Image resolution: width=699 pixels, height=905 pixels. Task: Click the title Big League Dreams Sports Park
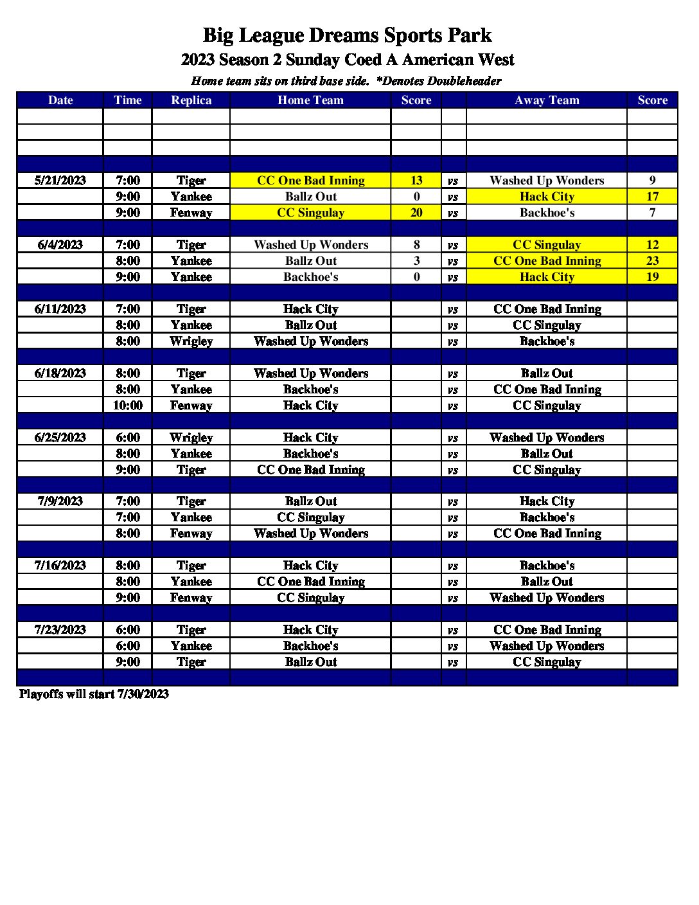[347, 35]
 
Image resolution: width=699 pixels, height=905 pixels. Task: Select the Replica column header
[191, 100]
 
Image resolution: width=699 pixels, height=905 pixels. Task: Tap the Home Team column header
[310, 100]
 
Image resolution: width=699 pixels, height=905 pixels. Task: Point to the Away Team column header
[547, 100]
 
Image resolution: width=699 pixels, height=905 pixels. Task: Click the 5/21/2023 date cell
[60, 181]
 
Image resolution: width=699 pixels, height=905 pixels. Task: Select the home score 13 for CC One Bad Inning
[416, 181]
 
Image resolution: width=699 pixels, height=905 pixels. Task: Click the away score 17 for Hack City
[652, 197]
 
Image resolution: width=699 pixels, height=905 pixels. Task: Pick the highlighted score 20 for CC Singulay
[416, 213]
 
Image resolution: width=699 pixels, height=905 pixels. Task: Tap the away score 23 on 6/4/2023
[652, 261]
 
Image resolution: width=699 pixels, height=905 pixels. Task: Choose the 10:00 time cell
[128, 406]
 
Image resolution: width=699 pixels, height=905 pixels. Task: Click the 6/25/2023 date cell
[60, 438]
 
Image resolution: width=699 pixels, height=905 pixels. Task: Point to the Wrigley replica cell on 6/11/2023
[191, 341]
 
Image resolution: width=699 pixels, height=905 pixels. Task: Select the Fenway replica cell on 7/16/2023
[191, 598]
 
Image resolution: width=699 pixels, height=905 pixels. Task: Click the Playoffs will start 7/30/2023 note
[94, 694]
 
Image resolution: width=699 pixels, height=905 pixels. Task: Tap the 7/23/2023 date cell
[60, 630]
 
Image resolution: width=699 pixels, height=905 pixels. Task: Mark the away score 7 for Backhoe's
[652, 213]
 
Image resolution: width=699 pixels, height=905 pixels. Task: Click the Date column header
[60, 100]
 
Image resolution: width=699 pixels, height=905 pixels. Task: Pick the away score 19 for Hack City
[652, 277]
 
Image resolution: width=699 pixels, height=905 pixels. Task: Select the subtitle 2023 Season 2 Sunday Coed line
[347, 60]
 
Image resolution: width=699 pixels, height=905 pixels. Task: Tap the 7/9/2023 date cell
[60, 501]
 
